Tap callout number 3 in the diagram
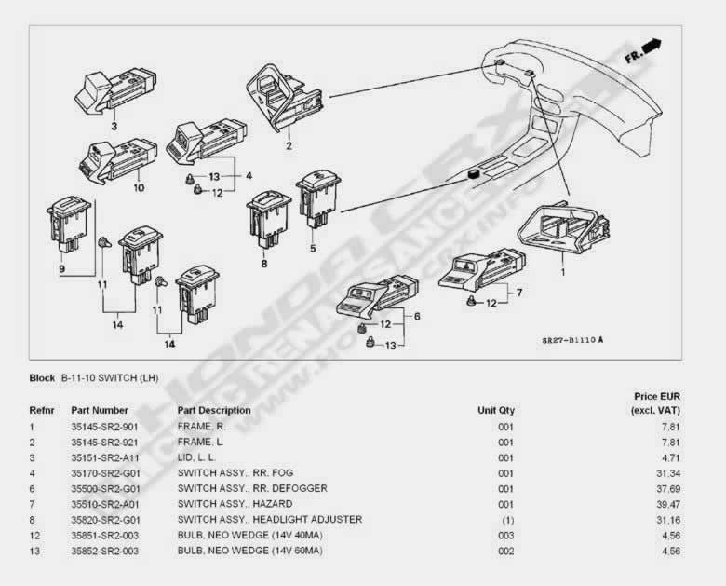point(114,126)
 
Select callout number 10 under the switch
point(139,188)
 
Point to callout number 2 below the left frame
point(289,145)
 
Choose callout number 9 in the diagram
point(62,269)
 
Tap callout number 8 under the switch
point(263,264)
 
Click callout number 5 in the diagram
point(313,249)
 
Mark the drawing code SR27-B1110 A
point(572,340)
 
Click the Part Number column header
point(99,410)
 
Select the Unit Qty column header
point(495,410)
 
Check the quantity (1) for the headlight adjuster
point(504,520)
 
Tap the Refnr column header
point(42,410)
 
